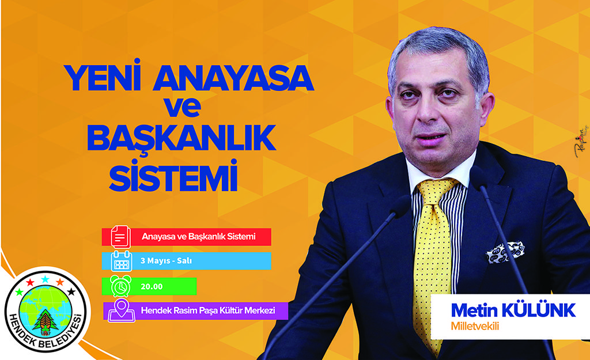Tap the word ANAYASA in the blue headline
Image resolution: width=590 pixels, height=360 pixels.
point(233,78)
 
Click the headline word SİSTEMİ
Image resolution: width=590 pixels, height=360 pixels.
point(174,175)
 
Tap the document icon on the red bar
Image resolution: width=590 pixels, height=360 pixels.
point(120,237)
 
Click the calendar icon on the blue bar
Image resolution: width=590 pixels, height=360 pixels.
point(122,261)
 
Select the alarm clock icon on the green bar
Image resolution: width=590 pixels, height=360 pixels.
point(120,286)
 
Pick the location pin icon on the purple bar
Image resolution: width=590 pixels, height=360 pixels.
point(122,310)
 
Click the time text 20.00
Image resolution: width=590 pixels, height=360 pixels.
point(152,287)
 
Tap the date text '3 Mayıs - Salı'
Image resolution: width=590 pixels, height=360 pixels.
point(166,261)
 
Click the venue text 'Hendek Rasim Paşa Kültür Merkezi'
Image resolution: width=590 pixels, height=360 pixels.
point(207,310)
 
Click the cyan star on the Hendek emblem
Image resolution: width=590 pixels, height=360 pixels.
point(45,279)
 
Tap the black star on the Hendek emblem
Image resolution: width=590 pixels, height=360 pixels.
point(71,291)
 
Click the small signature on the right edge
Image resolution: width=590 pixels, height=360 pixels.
point(581,142)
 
